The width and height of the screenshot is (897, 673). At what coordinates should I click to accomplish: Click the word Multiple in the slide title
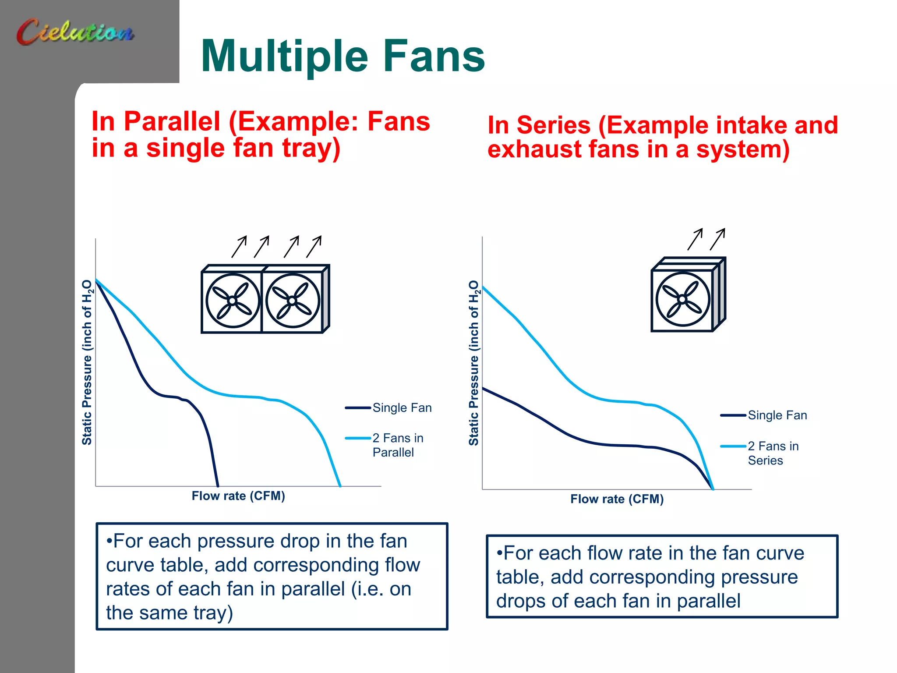point(285,57)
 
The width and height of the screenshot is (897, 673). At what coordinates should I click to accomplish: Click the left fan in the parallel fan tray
point(233,301)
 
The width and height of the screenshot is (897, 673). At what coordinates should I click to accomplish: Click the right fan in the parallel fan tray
point(293,301)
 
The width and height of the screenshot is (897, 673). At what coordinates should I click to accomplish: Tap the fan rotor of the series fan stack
point(682,299)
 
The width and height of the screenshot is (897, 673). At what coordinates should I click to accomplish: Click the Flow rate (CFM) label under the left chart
point(238,496)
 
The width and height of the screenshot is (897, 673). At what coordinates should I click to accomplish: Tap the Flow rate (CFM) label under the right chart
point(617,499)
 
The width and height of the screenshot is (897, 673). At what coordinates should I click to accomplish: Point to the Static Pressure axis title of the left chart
point(87,363)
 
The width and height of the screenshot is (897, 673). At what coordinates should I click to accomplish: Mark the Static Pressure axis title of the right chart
point(473,363)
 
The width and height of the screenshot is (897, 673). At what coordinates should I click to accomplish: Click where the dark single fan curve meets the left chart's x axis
point(218,485)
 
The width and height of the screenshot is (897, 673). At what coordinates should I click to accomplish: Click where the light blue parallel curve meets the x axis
point(340,485)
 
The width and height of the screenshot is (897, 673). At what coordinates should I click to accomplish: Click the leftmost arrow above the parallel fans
point(239,247)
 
